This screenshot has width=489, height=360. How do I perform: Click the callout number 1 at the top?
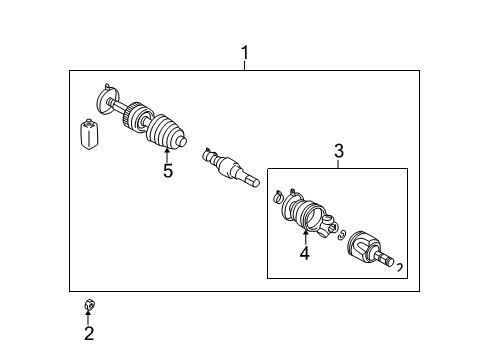[x=245, y=52]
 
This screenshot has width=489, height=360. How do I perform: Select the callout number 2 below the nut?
[x=88, y=334]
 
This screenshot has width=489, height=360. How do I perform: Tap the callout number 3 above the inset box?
[x=338, y=151]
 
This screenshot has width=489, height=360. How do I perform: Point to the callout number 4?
[x=304, y=253]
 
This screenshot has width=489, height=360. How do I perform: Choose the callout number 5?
[x=167, y=171]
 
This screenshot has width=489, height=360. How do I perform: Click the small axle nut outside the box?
[x=88, y=305]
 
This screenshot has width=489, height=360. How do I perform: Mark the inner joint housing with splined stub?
[x=377, y=249]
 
